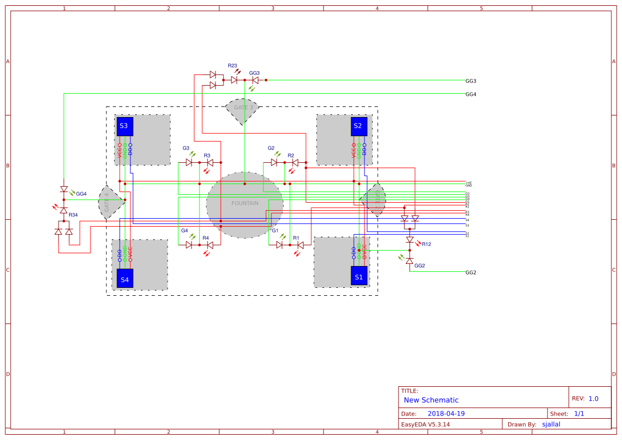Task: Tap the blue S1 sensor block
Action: (x=359, y=276)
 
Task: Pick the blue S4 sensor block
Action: (x=125, y=278)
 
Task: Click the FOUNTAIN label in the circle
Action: (x=245, y=203)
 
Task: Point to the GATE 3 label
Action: (x=243, y=107)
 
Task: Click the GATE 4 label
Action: (x=107, y=203)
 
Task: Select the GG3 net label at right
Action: (x=470, y=81)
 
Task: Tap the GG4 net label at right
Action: (x=470, y=94)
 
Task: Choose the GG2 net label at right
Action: (x=470, y=272)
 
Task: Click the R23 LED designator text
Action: (x=233, y=65)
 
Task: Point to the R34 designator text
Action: (x=73, y=215)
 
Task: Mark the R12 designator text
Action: (x=426, y=244)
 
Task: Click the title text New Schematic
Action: (x=431, y=400)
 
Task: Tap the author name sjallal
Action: (x=551, y=424)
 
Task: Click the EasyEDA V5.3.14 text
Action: (x=425, y=425)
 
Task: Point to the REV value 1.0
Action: (x=593, y=399)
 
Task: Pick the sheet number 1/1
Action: (x=579, y=413)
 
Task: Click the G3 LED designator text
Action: (x=186, y=148)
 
